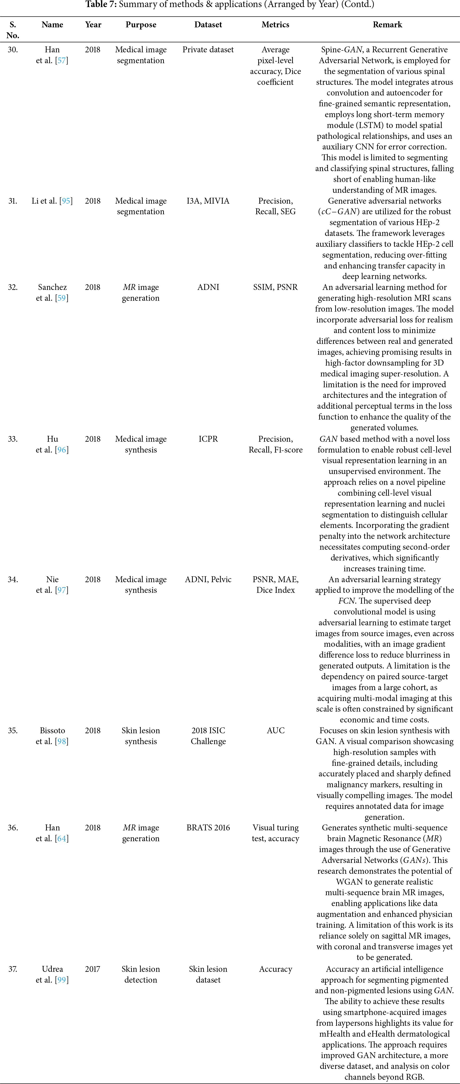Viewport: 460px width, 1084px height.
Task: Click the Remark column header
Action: click(x=387, y=25)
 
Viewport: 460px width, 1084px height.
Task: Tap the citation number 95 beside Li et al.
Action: click(x=66, y=201)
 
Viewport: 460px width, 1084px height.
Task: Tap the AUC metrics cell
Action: click(x=275, y=730)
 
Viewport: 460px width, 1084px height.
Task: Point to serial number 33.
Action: click(x=13, y=439)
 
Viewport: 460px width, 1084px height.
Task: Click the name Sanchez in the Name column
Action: click(x=52, y=287)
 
